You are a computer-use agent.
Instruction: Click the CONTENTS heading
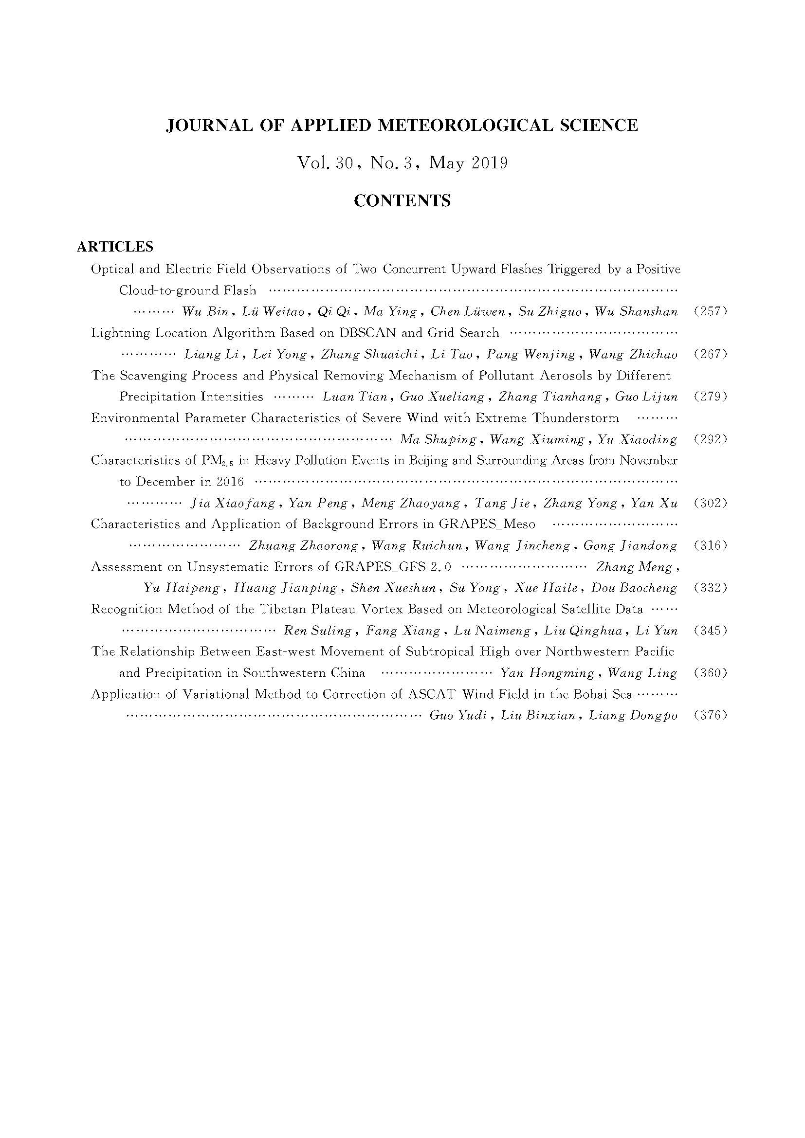pos(402,201)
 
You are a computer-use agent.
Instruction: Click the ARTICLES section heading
pos(115,246)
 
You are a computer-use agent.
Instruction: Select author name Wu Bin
pos(205,312)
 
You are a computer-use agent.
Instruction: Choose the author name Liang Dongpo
pos(633,715)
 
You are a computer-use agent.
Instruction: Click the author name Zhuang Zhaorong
pos(303,546)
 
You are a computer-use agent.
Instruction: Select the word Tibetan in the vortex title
pos(281,609)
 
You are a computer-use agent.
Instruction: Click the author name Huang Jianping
pos(286,588)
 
